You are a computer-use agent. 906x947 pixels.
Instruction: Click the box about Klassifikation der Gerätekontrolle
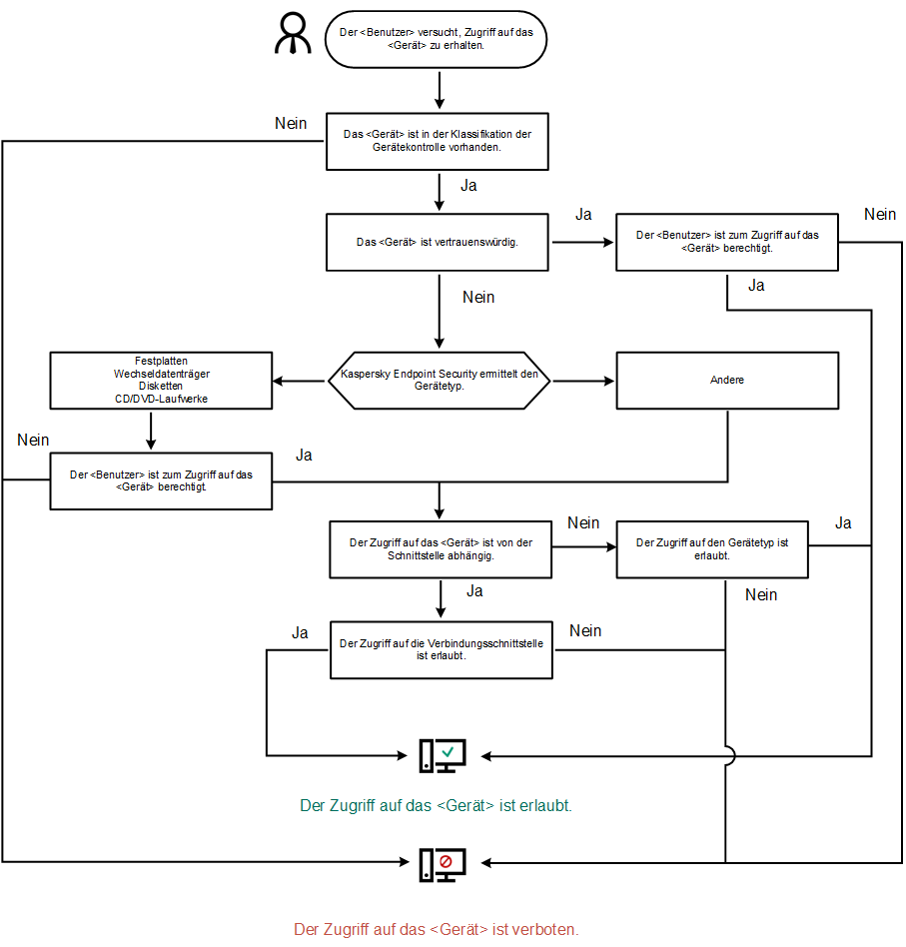[x=437, y=141]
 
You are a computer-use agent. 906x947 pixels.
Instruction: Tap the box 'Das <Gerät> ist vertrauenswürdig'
[x=437, y=242]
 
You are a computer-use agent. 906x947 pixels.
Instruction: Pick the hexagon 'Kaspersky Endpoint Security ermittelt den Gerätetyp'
[x=439, y=381]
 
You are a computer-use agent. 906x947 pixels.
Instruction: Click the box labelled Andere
[x=726, y=381]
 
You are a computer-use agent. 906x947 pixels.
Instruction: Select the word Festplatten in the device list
[x=162, y=360]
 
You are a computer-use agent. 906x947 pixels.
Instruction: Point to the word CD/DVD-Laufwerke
[x=162, y=400]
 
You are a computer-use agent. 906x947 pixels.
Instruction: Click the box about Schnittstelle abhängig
[x=440, y=549]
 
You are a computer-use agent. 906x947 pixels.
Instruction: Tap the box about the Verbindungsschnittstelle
[x=441, y=650]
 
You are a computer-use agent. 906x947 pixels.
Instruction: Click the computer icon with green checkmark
[x=442, y=756]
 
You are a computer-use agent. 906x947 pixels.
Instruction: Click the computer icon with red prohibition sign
[x=442, y=863]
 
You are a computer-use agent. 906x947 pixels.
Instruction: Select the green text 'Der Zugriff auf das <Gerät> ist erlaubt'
[x=436, y=805]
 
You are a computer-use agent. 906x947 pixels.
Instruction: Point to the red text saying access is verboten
[x=436, y=929]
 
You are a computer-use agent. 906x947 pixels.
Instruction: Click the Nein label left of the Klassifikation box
[x=291, y=123]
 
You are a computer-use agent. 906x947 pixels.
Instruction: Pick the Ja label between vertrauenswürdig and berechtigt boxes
[x=583, y=215]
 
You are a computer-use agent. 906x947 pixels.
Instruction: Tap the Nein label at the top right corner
[x=880, y=214]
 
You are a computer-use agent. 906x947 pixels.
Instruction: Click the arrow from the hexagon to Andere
[x=583, y=381]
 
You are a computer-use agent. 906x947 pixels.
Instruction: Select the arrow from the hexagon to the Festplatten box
[x=300, y=381]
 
